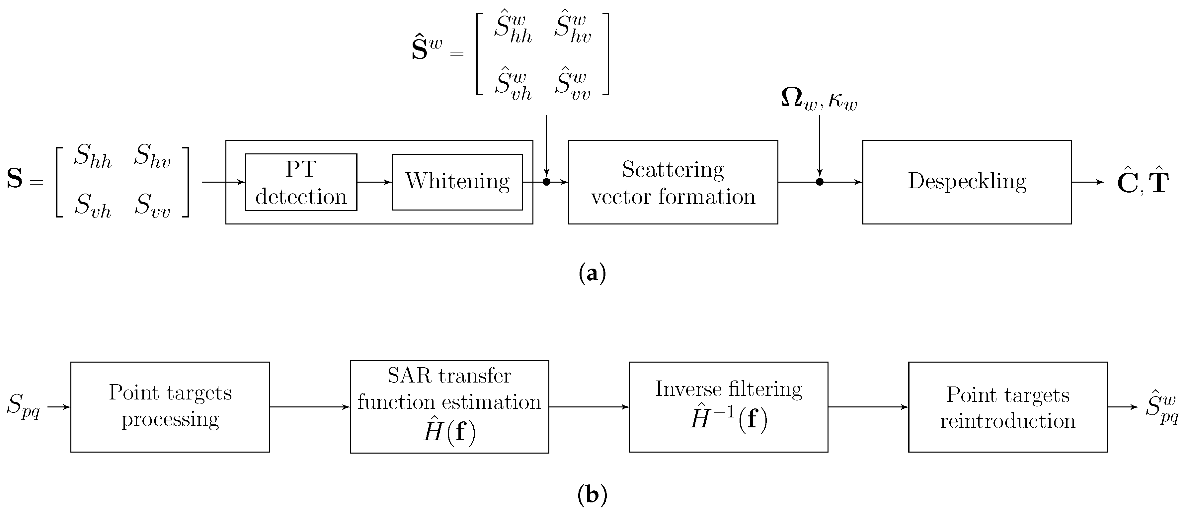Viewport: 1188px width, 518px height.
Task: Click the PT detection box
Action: point(301,182)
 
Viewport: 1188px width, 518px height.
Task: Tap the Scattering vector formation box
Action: point(673,182)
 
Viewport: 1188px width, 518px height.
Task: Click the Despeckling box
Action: point(967,182)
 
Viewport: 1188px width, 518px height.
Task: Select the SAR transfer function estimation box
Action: point(449,406)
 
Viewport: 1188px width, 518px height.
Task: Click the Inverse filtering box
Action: point(728,406)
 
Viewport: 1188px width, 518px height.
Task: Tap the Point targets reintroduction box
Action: point(1008,406)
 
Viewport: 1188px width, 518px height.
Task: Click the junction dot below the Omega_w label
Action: point(820,182)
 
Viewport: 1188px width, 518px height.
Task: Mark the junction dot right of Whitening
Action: point(546,182)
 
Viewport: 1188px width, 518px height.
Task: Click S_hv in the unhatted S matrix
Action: point(152,156)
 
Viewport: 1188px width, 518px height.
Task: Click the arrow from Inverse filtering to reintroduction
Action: point(868,407)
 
